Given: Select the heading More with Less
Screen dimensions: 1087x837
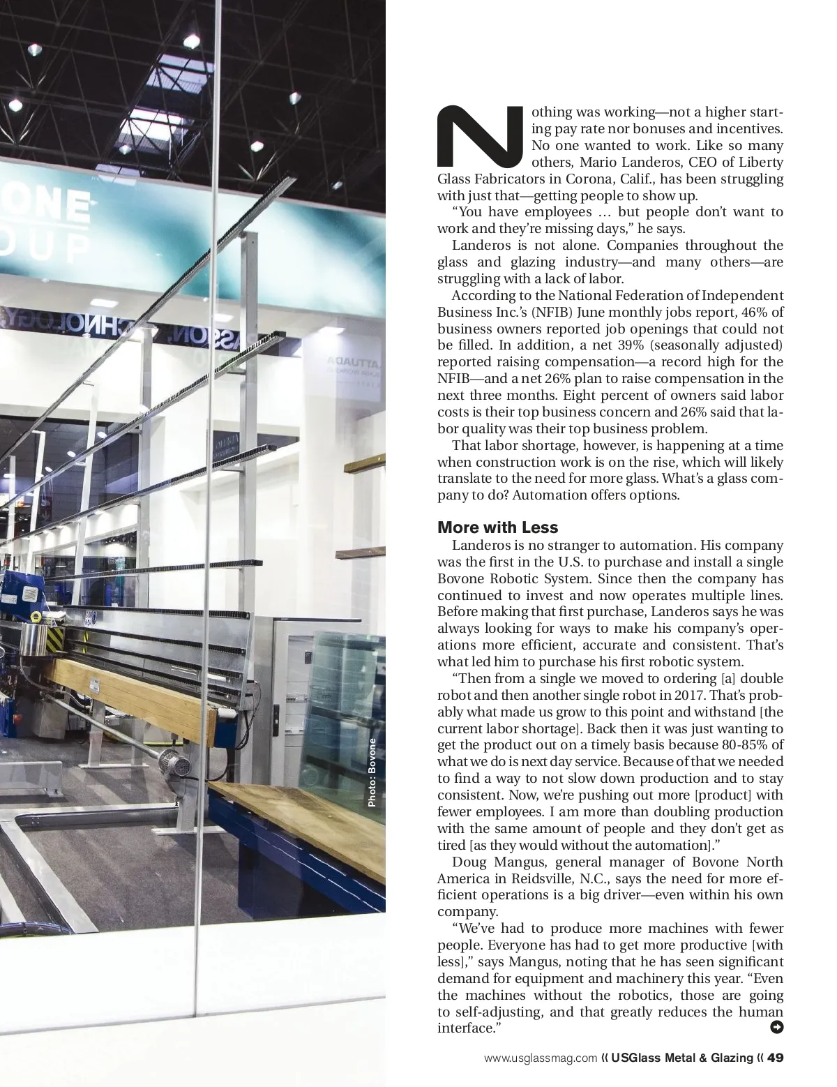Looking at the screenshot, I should point(497,527).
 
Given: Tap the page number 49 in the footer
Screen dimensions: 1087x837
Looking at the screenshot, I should point(776,1058).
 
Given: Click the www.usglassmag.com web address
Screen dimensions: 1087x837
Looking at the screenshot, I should point(541,1058).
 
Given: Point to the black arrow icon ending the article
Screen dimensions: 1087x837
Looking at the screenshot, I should point(776,1026).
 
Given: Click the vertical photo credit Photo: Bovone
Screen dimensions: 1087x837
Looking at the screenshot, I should point(372,773).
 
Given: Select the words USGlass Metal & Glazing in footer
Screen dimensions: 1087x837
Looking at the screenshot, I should point(682,1058).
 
